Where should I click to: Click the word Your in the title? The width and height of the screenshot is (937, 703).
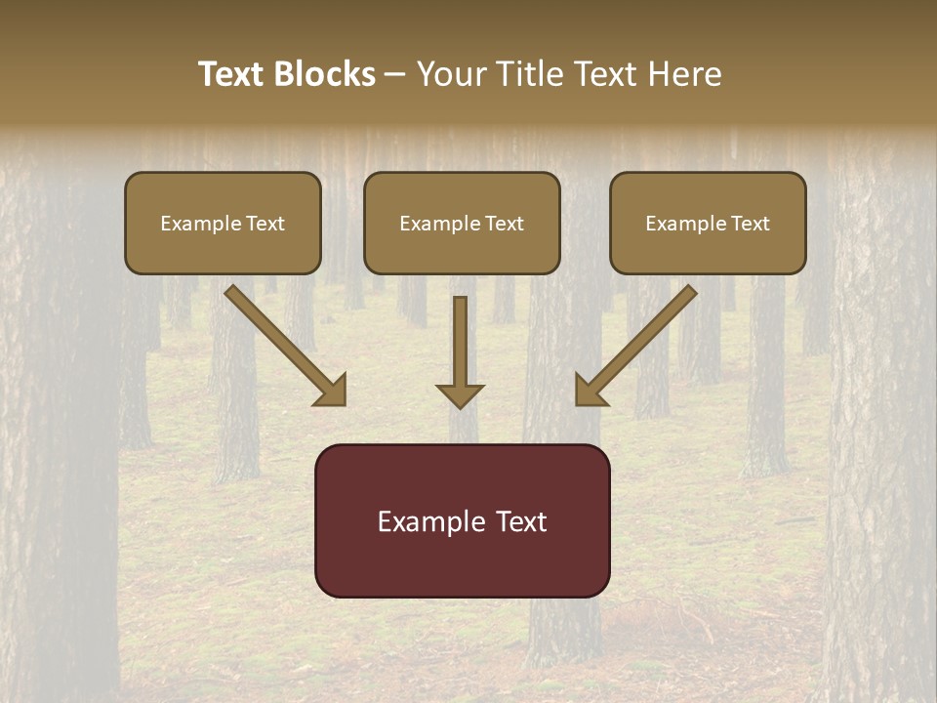point(451,74)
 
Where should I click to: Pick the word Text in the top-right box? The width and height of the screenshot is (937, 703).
point(750,224)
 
